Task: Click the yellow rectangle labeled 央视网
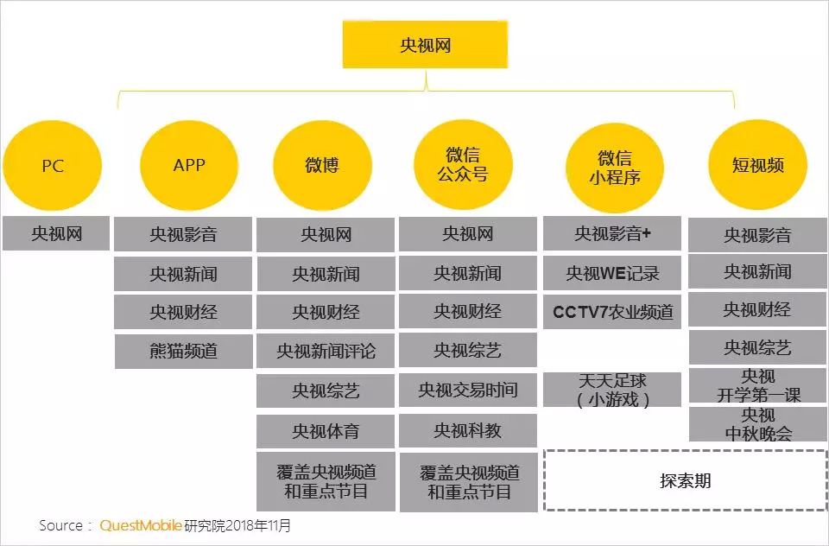[425, 45]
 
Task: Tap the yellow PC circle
[53, 165]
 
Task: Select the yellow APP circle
[189, 164]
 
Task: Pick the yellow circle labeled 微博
[322, 165]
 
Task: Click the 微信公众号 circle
[463, 164]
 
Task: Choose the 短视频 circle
[757, 165]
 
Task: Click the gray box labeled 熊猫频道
[183, 352]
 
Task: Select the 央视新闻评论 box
[326, 352]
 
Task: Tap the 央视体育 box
[326, 430]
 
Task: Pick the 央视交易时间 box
[467, 390]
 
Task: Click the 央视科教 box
[467, 430]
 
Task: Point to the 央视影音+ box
[612, 233]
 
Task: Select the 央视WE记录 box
[612, 273]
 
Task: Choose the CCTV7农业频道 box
[612, 312]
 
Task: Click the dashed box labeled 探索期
[685, 480]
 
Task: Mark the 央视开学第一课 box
[757, 386]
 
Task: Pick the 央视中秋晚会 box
[757, 424]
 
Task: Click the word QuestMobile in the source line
[141, 525]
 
